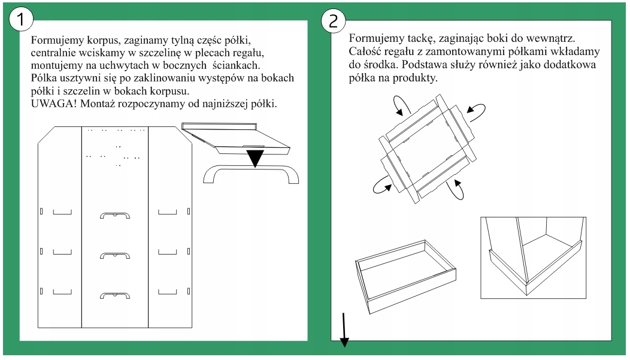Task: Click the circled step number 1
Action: (21, 19)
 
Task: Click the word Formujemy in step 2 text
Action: (376, 38)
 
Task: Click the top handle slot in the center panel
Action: (114, 215)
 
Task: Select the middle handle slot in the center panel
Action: (114, 255)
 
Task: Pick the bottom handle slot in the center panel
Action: (114, 295)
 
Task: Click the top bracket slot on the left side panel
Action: (62, 211)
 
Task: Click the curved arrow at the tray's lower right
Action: (457, 189)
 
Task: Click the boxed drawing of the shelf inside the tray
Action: (533, 258)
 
